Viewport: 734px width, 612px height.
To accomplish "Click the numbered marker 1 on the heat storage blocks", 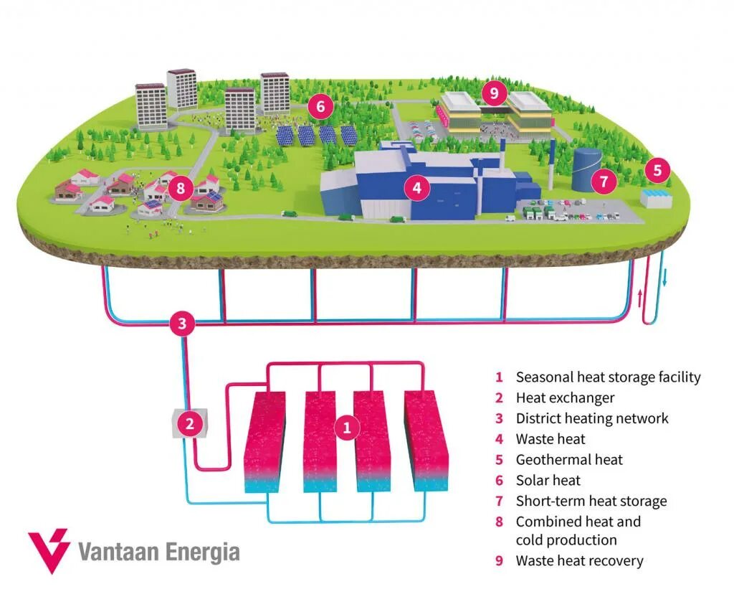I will click(x=347, y=428).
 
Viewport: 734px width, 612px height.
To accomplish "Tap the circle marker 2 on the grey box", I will click(x=190, y=424).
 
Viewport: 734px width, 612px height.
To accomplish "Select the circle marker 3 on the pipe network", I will click(x=182, y=324).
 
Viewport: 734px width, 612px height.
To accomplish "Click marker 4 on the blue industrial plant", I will click(x=416, y=189).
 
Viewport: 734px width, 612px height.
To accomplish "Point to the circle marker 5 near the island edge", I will click(x=657, y=171).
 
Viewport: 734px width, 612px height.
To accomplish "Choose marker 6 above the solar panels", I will click(x=320, y=108).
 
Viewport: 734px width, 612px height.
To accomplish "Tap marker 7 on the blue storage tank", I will click(x=604, y=182).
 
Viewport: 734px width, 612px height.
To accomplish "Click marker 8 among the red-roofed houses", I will click(x=180, y=189).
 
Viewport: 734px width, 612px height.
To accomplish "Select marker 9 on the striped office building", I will click(x=494, y=93).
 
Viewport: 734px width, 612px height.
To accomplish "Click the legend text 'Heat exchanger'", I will click(x=565, y=397).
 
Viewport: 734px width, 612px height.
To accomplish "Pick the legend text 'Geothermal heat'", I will click(x=569, y=460).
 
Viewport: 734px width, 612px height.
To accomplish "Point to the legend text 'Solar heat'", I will click(x=548, y=481).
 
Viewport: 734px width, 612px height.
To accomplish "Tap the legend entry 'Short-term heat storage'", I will click(x=591, y=502).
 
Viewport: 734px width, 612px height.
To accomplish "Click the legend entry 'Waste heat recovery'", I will click(x=579, y=561).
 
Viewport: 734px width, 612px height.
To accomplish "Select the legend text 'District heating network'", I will click(x=591, y=418).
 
